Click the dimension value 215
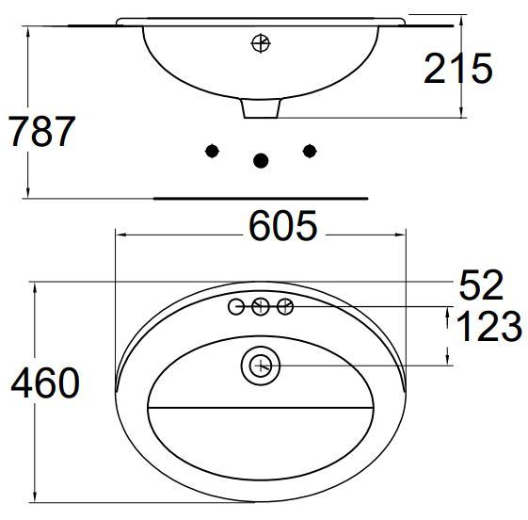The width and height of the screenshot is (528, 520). coord(459,69)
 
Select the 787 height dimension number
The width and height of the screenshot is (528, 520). coord(40,132)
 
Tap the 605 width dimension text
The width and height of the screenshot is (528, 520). coord(282,227)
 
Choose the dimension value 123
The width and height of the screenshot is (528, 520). coord(488,327)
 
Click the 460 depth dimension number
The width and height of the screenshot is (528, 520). coord(45,383)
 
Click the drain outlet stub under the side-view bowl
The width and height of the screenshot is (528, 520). coord(262,108)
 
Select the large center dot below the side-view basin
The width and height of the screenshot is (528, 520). coord(262,161)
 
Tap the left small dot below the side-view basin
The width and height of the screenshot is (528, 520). coord(214,151)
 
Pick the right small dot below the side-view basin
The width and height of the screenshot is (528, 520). coord(309,151)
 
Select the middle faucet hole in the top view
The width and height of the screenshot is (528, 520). coord(262,306)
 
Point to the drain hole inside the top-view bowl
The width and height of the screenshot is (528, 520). coord(262,365)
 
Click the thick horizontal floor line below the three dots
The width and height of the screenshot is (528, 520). coord(260,199)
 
